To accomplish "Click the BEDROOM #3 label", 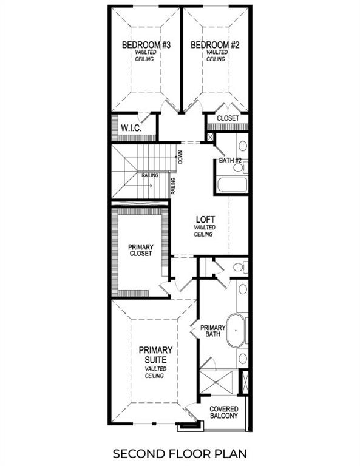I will (146, 45).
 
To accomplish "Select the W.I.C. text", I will (131, 129).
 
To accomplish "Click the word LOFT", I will (203, 219).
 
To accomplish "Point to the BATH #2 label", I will (230, 161).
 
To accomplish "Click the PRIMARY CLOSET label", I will (140, 250).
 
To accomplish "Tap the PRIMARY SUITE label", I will (155, 355).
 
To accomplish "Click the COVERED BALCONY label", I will (224, 413).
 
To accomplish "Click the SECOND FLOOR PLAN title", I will (180, 453).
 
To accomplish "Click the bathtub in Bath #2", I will (231, 184).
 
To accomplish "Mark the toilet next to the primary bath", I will (239, 266).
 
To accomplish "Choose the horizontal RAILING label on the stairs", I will (150, 175).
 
